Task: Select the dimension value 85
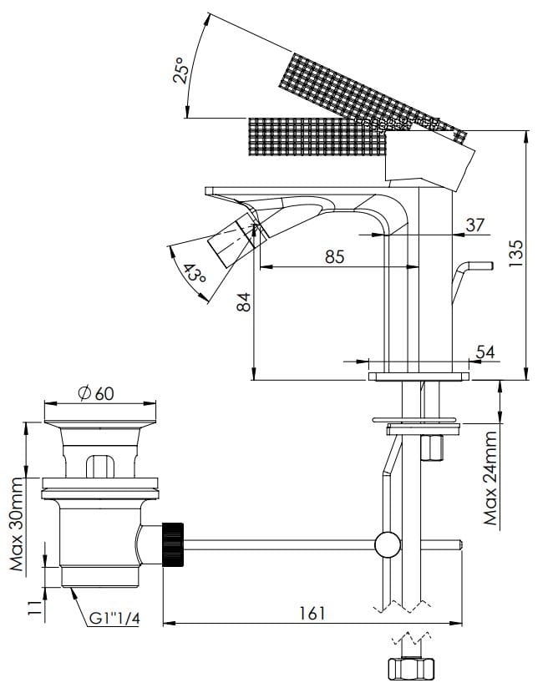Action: click(x=334, y=256)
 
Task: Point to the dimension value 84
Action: click(x=243, y=301)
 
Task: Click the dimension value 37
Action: click(x=475, y=224)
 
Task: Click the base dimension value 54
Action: click(x=485, y=352)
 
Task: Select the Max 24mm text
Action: click(x=492, y=476)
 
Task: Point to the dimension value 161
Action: click(x=311, y=614)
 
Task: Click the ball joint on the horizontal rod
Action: click(x=388, y=545)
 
